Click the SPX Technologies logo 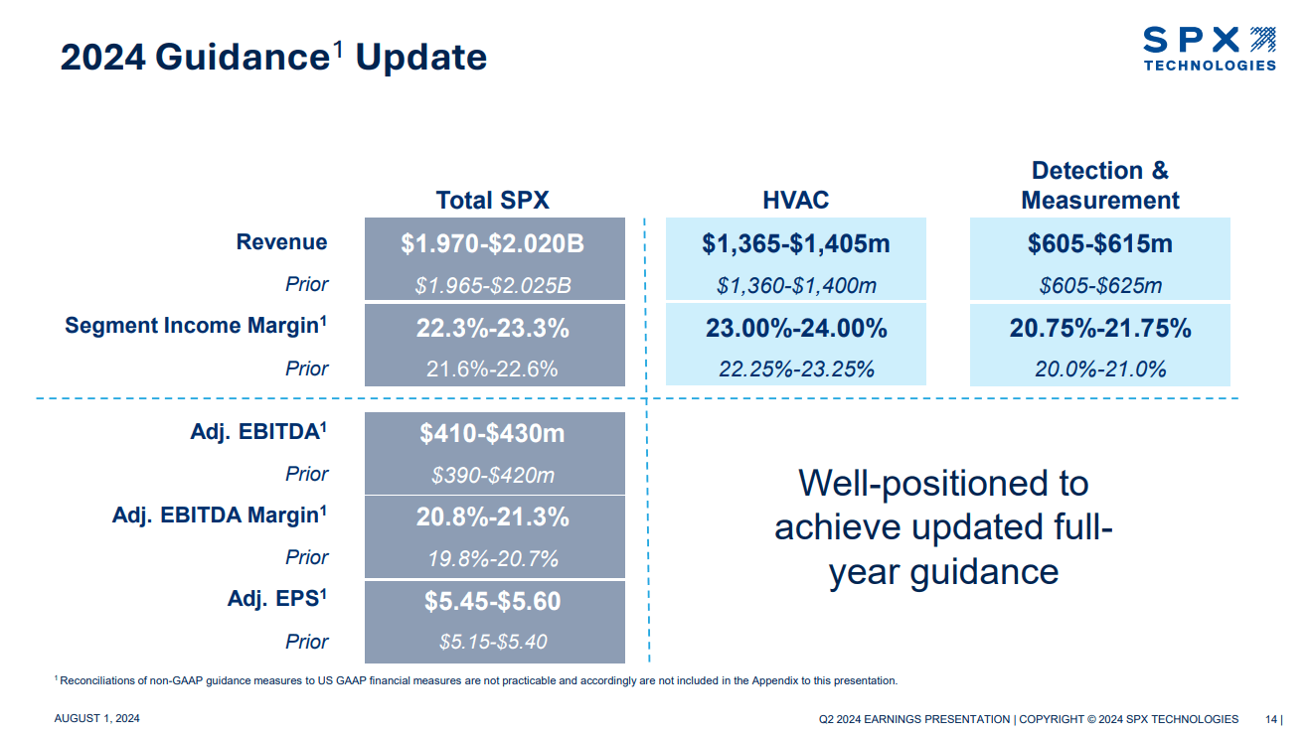click(x=1209, y=49)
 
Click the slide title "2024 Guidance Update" click(x=273, y=58)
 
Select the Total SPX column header click(x=492, y=200)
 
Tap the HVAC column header click(x=795, y=200)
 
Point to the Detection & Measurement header click(x=1099, y=186)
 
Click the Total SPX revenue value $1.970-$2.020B click(x=494, y=243)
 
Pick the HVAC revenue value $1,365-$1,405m click(x=795, y=243)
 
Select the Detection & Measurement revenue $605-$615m click(x=1099, y=243)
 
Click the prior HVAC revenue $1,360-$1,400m click(x=795, y=286)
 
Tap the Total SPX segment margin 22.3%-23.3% click(x=494, y=329)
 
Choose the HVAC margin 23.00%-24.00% click(x=795, y=329)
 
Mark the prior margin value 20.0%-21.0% click(x=1099, y=369)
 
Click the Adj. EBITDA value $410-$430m click(x=494, y=434)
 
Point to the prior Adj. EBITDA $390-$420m click(x=494, y=476)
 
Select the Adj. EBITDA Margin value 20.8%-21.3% click(x=494, y=517)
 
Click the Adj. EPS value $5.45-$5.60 click(x=494, y=601)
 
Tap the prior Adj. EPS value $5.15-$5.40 click(x=494, y=642)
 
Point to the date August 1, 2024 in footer click(x=96, y=719)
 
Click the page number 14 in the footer click(x=1271, y=719)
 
